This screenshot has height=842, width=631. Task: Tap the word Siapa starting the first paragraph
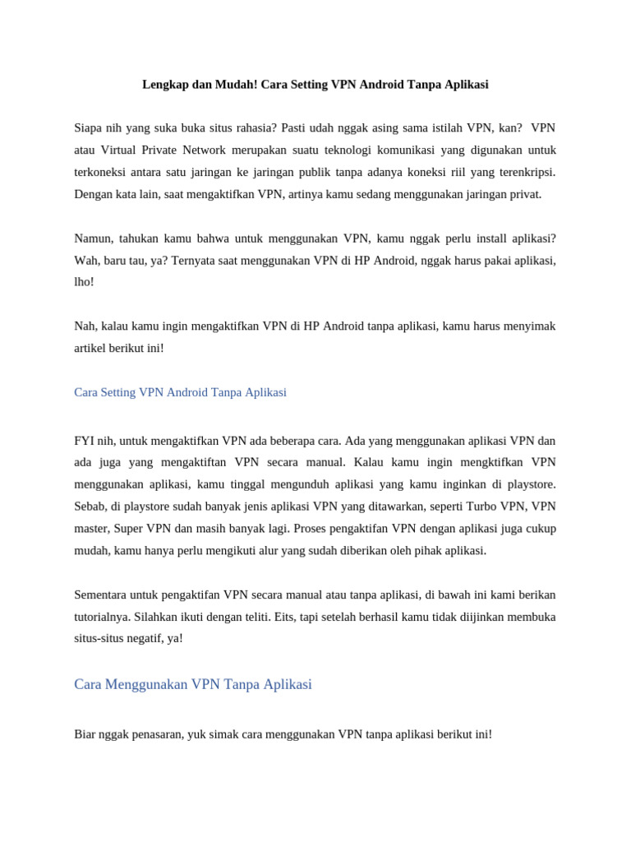[x=89, y=128]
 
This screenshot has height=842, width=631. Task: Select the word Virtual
[x=124, y=150]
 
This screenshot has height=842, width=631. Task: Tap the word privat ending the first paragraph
[x=525, y=194]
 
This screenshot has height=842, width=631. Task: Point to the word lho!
[x=84, y=282]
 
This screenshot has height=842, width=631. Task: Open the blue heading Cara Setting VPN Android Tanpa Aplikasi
[x=180, y=392]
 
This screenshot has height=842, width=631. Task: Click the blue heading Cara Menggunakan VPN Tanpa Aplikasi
[x=193, y=684]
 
